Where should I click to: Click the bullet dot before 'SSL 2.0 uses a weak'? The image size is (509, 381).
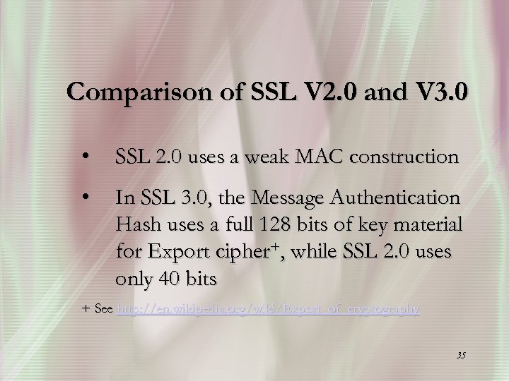(x=85, y=157)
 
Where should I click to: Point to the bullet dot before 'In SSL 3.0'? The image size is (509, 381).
(x=85, y=198)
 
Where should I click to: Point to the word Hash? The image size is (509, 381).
(x=139, y=225)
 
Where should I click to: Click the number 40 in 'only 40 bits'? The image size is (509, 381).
(x=170, y=279)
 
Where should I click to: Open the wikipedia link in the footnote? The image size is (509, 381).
(x=268, y=309)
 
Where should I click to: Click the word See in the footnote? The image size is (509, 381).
(x=103, y=309)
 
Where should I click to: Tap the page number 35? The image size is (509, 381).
(x=460, y=354)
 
